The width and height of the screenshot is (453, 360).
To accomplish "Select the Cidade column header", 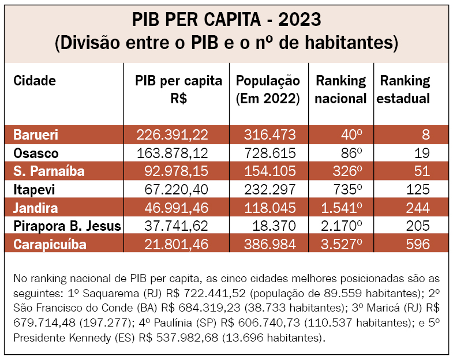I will tap(35, 81).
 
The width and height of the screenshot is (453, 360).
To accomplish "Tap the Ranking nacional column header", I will tap(341, 89).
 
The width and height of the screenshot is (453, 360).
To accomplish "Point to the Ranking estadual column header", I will tap(405, 89).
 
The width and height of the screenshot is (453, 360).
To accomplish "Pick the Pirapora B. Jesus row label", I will tap(67, 226).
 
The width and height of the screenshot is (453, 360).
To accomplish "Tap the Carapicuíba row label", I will tap(50, 244).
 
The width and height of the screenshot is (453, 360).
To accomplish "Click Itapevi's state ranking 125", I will tap(417, 190).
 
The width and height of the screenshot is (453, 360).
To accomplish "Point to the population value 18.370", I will tap(275, 226).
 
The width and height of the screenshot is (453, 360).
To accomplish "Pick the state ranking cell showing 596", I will tap(417, 244).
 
